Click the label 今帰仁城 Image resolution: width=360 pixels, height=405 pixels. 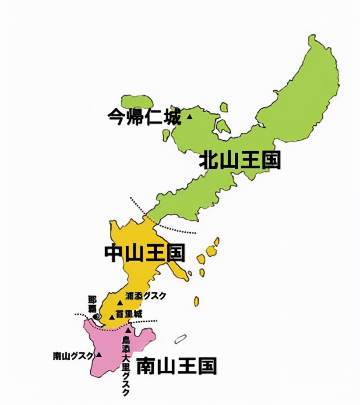click(144, 117)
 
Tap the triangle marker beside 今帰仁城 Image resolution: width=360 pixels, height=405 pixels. click(190, 117)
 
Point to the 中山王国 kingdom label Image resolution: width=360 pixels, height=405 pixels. click(145, 253)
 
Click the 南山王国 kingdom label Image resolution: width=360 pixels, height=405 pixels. click(176, 366)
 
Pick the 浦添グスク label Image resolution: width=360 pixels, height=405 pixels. click(145, 296)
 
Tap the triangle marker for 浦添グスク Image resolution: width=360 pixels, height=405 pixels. click(120, 303)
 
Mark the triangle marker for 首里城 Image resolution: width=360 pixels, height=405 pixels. click(112, 317)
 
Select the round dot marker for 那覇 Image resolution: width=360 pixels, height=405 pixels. click(97, 316)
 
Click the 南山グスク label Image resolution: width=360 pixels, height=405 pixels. click(73, 355)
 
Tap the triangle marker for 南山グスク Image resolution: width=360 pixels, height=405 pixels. click(99, 355)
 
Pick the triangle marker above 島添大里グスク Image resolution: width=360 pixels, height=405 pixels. click(128, 330)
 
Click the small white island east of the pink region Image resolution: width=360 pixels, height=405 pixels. click(180, 339)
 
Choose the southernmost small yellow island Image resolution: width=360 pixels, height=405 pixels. click(197, 302)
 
